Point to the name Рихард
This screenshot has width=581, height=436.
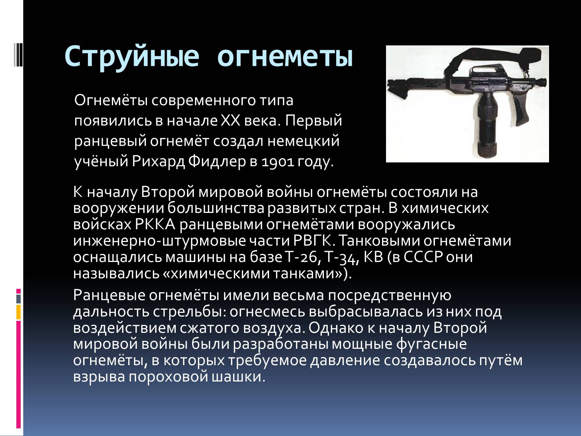click(158, 161)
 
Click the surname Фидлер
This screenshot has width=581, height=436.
click(217, 161)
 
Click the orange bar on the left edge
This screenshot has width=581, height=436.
click(18, 312)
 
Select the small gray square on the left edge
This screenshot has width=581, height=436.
click(18, 299)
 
